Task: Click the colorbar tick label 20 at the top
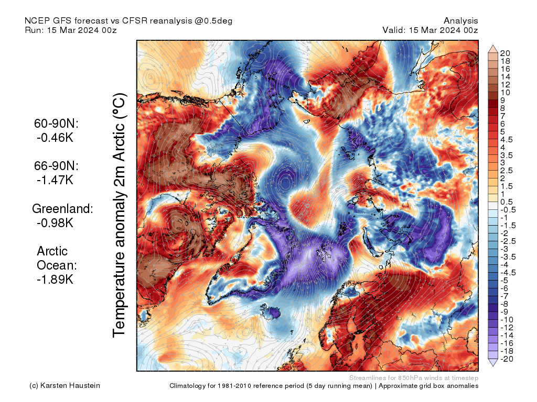click(x=506, y=53)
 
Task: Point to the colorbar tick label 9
click(x=502, y=100)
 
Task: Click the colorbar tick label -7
click(x=504, y=296)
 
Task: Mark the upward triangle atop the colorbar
click(x=493, y=49)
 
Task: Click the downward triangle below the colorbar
click(x=493, y=362)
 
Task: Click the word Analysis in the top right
click(x=460, y=21)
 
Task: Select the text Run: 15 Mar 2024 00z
click(x=70, y=30)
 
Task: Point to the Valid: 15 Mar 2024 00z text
click(x=430, y=30)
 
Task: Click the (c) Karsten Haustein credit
click(x=65, y=386)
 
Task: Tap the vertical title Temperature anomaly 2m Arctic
click(x=120, y=215)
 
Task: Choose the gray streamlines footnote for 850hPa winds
click(x=413, y=378)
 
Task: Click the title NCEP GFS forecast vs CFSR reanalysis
click(x=128, y=21)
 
